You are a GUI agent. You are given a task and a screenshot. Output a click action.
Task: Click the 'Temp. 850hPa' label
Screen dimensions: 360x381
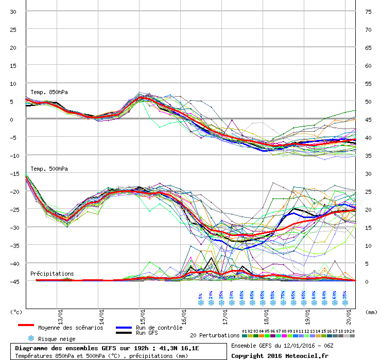click(49, 93)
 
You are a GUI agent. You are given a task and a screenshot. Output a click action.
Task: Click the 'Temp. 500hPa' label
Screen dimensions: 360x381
click(49, 169)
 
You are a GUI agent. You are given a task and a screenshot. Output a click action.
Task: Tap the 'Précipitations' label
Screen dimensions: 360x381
click(52, 274)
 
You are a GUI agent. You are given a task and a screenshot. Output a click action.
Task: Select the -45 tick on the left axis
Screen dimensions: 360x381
click(12, 281)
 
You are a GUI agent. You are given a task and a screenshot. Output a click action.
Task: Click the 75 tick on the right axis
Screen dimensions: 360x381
click(368, 11)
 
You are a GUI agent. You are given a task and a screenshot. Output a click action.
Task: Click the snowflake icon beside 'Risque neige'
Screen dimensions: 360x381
click(31, 338)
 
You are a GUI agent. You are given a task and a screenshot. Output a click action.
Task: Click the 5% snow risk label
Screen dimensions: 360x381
click(200, 297)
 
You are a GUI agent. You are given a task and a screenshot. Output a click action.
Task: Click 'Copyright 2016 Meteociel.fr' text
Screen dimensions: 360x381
click(280, 355)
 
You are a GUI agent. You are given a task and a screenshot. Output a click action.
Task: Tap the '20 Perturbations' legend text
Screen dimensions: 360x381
click(215, 335)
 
